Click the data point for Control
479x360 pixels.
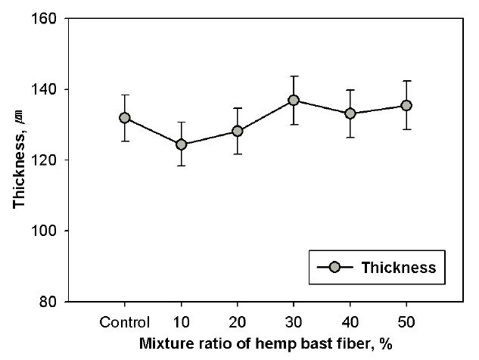[x=125, y=118]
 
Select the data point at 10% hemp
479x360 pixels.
[x=181, y=144]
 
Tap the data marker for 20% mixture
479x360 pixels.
[x=237, y=131]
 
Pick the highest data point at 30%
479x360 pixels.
[x=294, y=100]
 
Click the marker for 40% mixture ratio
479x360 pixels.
[x=350, y=113]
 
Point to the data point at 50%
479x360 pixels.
[x=406, y=105]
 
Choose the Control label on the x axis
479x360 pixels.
[x=125, y=321]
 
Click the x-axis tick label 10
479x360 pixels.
[x=181, y=321]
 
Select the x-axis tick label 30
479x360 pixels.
[x=294, y=321]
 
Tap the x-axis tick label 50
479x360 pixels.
[x=406, y=321]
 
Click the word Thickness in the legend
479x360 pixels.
[x=398, y=267]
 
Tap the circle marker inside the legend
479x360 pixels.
[x=337, y=267]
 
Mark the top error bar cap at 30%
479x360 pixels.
[x=294, y=76]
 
